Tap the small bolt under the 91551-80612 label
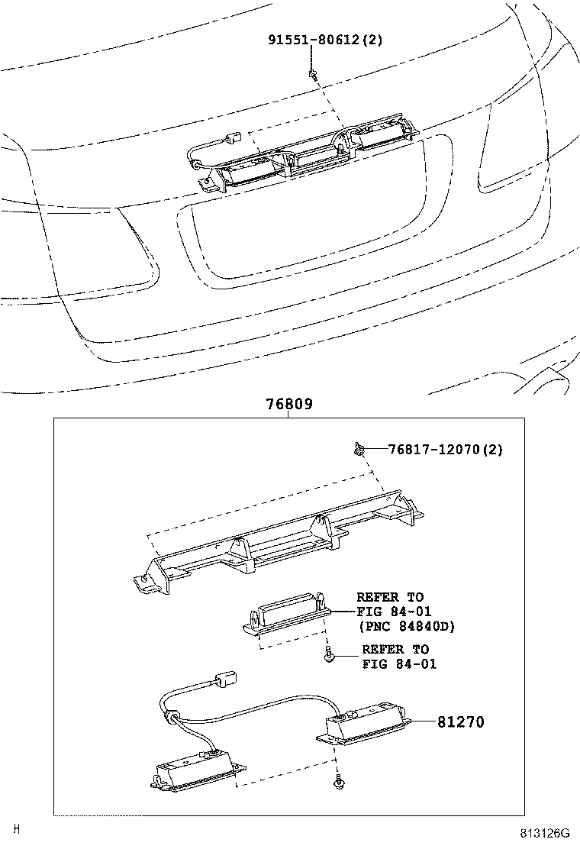click(313, 73)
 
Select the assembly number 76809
click(289, 405)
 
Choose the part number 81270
click(460, 721)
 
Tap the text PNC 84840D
click(406, 627)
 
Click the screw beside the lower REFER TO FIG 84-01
click(328, 655)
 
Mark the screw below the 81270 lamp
click(337, 783)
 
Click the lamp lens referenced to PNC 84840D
click(286, 615)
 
